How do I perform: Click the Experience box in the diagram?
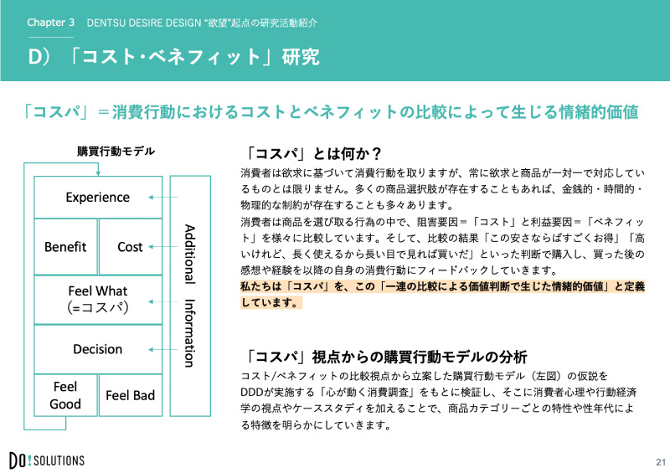coord(98,197)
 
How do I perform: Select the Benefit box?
coord(65,246)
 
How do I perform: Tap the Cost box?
coord(131,246)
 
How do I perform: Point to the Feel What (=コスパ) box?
coord(98,300)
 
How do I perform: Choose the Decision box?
coord(98,349)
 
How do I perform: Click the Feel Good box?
coord(65,395)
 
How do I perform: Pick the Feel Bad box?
coord(131,395)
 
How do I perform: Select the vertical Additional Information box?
coord(190,296)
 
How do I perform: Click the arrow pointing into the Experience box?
coord(162,197)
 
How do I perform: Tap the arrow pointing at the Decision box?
coord(162,349)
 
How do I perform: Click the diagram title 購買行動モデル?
coord(116,152)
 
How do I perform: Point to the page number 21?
coord(661,462)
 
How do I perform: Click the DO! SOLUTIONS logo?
coord(47,460)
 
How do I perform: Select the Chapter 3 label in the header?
coord(50,23)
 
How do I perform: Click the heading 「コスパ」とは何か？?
coord(314,153)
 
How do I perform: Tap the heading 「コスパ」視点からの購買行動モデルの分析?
coord(387,357)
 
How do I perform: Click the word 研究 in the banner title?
coord(301,57)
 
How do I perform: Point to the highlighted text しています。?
coord(271,302)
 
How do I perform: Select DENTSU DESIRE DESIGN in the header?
coord(144,23)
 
